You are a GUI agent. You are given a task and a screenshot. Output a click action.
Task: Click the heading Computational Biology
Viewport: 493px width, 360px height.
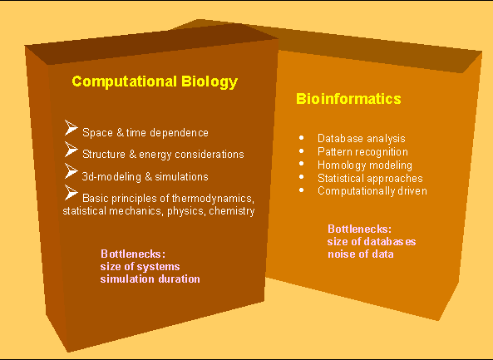(155, 81)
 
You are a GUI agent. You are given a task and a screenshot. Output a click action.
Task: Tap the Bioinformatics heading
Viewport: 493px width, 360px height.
(348, 98)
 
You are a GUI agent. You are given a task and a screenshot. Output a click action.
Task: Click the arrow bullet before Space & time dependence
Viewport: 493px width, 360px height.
(71, 128)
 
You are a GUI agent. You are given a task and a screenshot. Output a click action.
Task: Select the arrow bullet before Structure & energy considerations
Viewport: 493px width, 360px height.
(71, 150)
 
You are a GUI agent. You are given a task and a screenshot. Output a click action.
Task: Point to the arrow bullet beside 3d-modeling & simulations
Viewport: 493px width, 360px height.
(71, 171)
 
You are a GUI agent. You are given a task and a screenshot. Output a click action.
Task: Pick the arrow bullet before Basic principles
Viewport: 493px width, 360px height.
(71, 192)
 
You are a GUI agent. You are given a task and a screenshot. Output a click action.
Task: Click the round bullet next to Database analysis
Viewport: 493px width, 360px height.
(302, 138)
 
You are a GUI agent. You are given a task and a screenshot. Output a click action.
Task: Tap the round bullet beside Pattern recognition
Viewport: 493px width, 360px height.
(302, 151)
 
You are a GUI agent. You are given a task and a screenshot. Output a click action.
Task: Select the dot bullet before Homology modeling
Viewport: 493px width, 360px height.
(302, 164)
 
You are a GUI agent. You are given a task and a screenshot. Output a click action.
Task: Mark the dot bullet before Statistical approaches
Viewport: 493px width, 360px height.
(302, 177)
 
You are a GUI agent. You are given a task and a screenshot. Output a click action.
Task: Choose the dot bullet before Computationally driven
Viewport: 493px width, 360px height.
(302, 190)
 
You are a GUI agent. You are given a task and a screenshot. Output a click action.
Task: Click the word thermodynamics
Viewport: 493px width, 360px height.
(213, 199)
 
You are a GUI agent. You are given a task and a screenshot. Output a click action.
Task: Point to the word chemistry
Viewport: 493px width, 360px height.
(232, 211)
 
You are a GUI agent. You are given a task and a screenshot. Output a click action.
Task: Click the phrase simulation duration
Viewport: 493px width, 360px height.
(150, 279)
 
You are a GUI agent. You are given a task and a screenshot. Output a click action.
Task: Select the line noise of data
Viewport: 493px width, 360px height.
(360, 254)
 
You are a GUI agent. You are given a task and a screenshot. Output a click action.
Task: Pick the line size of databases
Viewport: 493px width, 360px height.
(372, 241)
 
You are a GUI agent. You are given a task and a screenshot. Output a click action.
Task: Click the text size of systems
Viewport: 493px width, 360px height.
(140, 267)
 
